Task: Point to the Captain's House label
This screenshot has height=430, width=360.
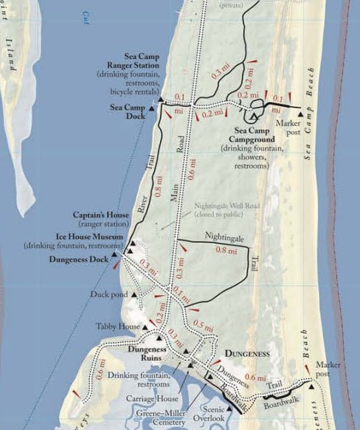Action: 100,215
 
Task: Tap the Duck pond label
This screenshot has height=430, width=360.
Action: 109,295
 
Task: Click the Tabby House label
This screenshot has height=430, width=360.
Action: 117,326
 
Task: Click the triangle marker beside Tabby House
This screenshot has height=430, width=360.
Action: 146,326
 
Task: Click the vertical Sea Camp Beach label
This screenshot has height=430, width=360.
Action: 311,111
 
